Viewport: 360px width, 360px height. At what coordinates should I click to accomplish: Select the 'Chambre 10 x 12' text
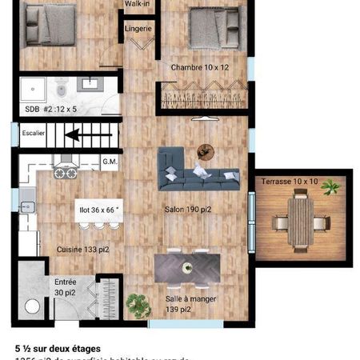pos(199,68)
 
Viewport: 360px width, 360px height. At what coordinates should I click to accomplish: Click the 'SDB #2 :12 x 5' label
pos(46,107)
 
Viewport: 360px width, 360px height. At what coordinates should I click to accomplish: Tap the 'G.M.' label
pos(110,162)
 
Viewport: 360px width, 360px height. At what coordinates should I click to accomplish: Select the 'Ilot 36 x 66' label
pos(98,210)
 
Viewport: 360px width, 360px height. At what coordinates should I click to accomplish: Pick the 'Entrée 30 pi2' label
pos(66,287)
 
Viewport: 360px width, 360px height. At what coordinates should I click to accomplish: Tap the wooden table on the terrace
pos(301,220)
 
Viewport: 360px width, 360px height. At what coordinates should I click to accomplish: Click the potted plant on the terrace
pos(330,187)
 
